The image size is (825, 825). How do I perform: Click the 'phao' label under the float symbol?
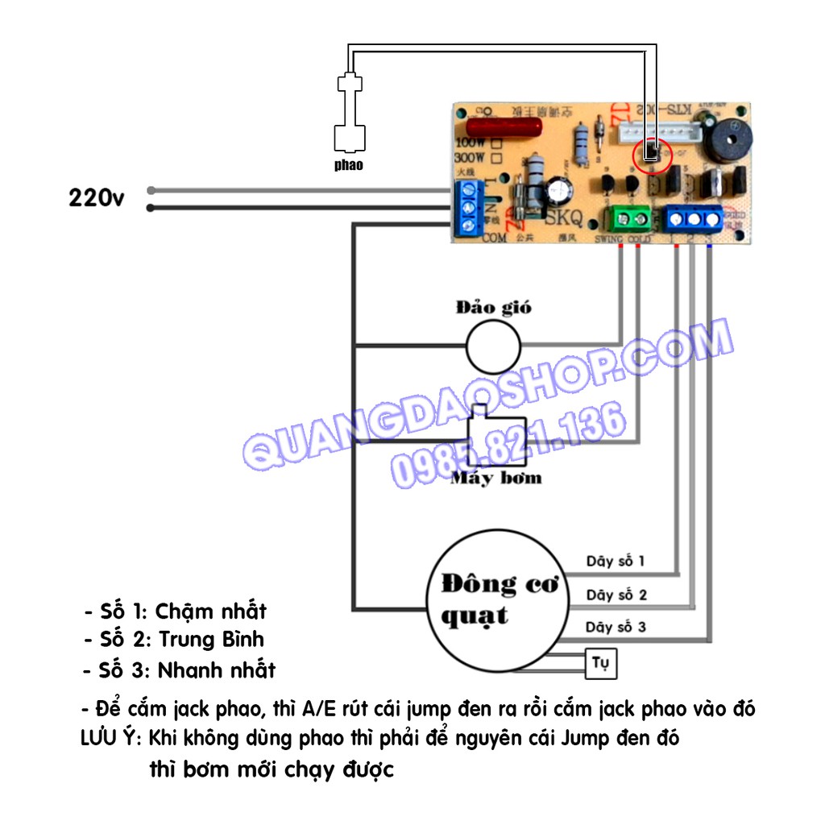click(349, 165)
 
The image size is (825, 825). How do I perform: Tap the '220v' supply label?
click(97, 198)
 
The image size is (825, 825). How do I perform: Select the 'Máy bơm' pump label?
click(495, 479)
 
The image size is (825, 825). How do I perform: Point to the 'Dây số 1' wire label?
click(616, 562)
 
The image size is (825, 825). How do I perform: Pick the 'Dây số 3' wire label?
click(616, 627)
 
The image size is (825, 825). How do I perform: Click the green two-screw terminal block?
click(631, 218)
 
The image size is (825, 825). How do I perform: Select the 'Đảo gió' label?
click(493, 308)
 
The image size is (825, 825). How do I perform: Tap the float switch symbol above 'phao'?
click(348, 112)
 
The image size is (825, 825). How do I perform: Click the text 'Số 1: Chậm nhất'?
click(175, 611)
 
